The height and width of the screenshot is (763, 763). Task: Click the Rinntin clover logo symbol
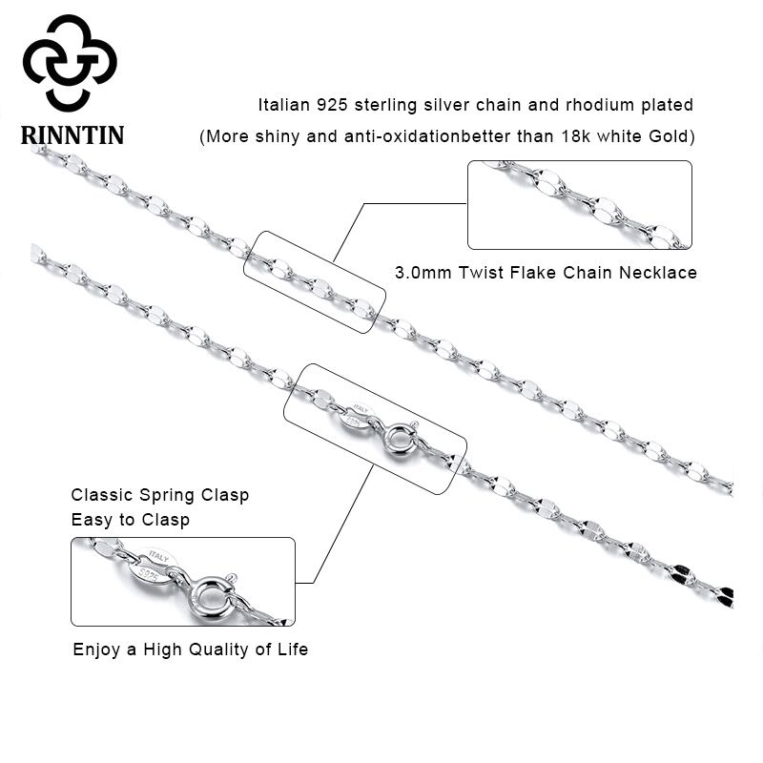tap(70, 61)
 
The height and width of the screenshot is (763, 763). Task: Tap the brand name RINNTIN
tap(72, 134)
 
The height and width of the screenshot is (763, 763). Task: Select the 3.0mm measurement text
tap(423, 273)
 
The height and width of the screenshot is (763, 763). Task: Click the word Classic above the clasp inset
tap(103, 496)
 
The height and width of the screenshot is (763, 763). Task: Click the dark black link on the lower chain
tap(684, 573)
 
